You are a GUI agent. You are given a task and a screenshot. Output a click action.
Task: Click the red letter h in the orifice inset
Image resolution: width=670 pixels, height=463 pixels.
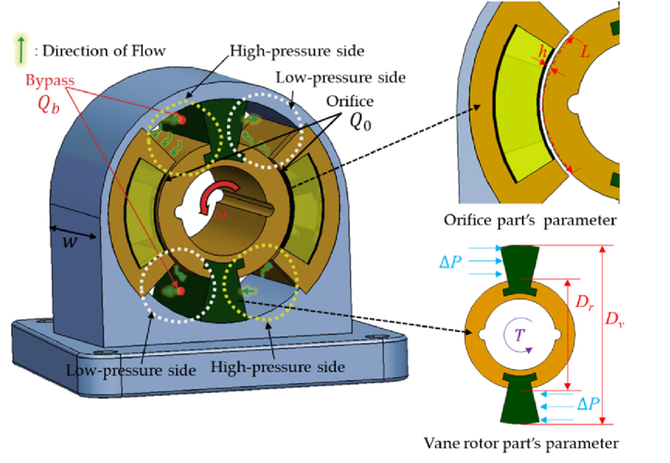point(541,53)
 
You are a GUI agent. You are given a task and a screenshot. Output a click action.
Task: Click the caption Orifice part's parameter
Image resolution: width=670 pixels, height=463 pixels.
point(552,218)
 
